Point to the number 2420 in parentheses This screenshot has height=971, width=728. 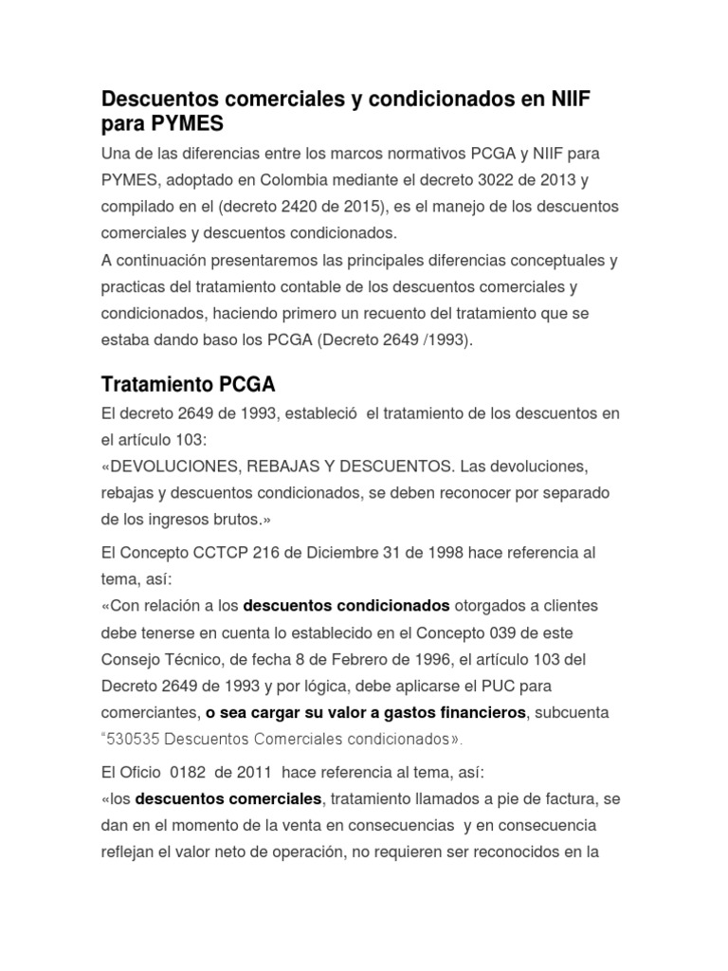pos(294,206)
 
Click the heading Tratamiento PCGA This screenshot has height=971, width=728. pos(188,385)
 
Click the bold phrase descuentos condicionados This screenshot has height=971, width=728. pos(347,605)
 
